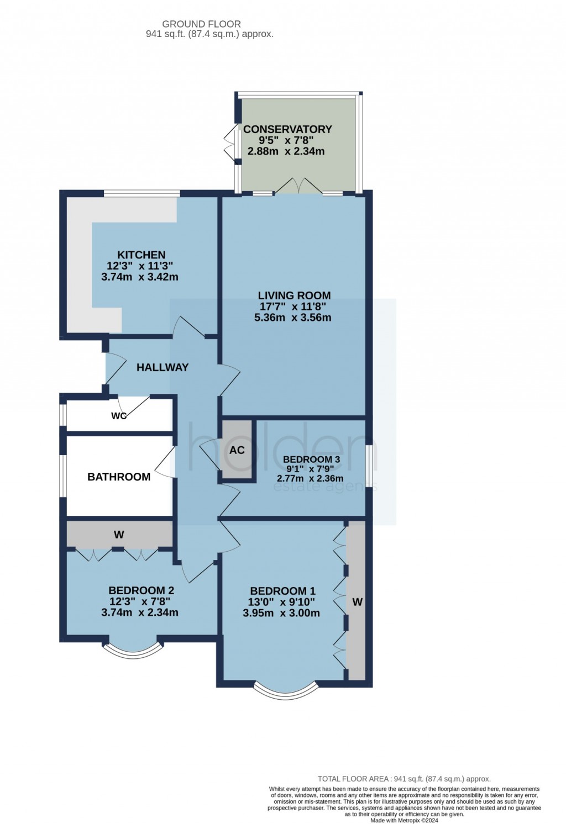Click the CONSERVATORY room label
click(x=287, y=129)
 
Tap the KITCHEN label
click(x=141, y=255)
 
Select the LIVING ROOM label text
click(x=294, y=295)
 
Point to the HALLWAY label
click(x=163, y=367)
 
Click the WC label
click(x=119, y=416)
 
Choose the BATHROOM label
click(x=119, y=477)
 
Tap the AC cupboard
click(x=237, y=450)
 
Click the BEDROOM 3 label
click(x=311, y=459)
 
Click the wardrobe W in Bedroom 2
click(x=119, y=534)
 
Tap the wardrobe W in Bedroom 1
click(x=357, y=602)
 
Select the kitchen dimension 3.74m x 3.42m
click(x=140, y=277)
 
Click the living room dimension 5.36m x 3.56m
click(x=292, y=318)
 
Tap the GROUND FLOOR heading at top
click(x=201, y=24)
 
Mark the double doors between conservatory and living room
click(x=298, y=187)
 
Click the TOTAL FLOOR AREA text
click(x=404, y=779)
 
